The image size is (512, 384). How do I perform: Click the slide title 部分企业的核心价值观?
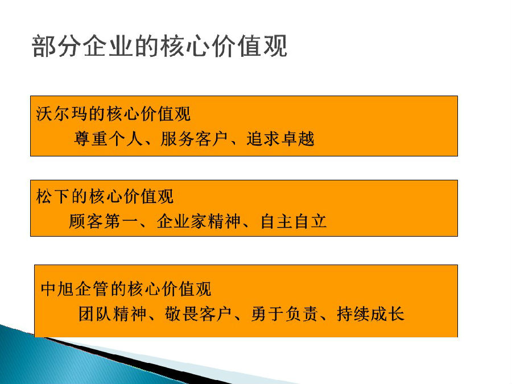[160, 46]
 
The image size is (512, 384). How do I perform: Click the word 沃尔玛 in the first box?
[61, 114]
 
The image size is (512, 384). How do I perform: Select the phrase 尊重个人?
[108, 139]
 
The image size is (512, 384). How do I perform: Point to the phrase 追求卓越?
[280, 139]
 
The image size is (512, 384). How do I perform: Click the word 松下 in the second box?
[53, 197]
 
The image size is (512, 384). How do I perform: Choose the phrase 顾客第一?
[103, 221]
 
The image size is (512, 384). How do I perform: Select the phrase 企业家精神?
[199, 221]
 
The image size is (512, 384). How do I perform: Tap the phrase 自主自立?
[294, 221]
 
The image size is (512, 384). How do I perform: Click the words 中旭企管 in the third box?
[75, 288]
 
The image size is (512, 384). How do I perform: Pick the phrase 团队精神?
[113, 314]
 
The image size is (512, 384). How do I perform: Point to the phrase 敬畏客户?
[199, 314]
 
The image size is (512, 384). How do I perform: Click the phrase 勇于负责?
[284, 314]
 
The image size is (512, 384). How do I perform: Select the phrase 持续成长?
[370, 314]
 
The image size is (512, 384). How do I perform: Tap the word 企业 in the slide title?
[109, 46]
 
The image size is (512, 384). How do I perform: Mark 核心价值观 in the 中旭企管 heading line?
[170, 288]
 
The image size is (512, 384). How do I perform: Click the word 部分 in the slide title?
[57, 46]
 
